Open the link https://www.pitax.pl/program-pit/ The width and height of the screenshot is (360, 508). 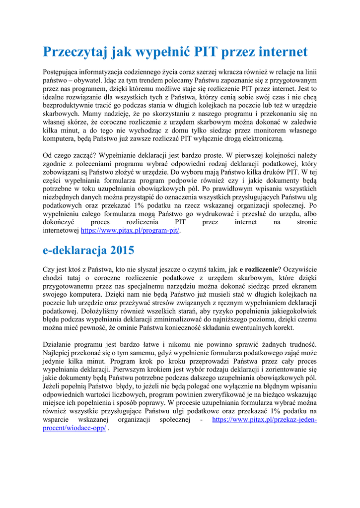(x=129, y=231)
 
